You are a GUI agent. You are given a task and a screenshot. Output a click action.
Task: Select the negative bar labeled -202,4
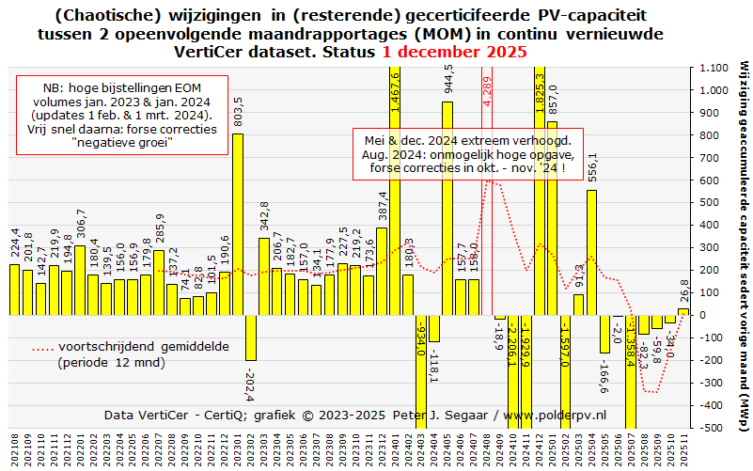(x=251, y=338)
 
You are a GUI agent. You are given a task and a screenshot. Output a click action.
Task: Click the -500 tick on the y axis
(x=710, y=428)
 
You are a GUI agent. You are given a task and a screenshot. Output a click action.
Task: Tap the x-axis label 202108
(x=14, y=450)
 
